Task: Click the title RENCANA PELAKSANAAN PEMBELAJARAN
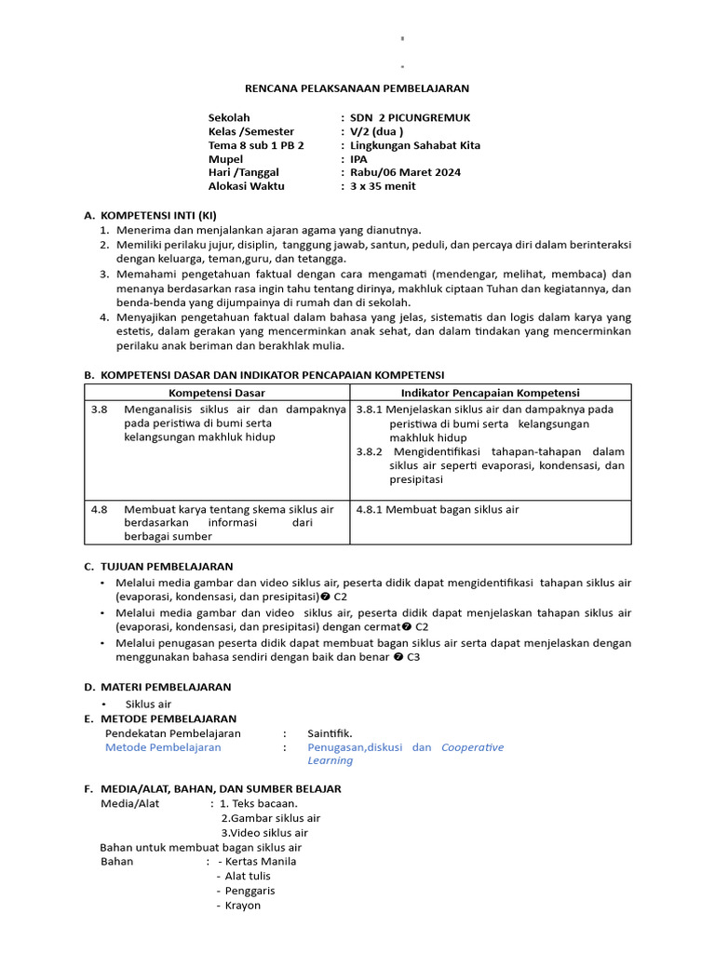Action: (x=357, y=88)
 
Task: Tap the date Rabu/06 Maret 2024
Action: (x=405, y=172)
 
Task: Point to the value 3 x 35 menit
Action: (x=384, y=186)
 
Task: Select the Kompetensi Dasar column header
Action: (x=217, y=393)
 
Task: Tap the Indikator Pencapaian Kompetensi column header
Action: (x=490, y=393)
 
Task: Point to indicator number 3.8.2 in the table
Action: (x=371, y=451)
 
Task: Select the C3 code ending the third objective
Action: (x=412, y=656)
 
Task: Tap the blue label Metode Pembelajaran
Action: (x=163, y=747)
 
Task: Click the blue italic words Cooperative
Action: (x=472, y=747)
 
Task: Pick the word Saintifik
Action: (x=330, y=733)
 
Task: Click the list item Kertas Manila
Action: (x=260, y=861)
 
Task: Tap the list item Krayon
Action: (x=243, y=906)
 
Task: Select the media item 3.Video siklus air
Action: (x=263, y=833)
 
